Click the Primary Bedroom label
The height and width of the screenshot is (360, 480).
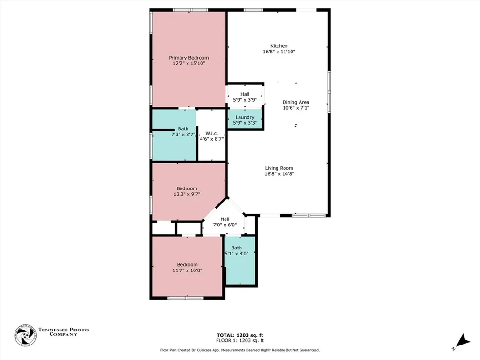[188, 58]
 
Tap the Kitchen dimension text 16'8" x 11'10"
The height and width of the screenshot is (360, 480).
[279, 52]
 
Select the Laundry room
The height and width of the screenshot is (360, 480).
[245, 120]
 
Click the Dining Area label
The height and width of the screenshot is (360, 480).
[296, 102]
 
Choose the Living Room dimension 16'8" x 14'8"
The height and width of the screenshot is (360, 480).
[279, 174]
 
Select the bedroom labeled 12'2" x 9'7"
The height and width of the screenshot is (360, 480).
[187, 191]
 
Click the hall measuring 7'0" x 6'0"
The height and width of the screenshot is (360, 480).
[225, 222]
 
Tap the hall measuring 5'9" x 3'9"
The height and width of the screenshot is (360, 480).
[245, 97]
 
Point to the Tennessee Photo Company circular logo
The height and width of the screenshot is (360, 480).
[25, 335]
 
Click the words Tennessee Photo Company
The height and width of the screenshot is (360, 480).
[63, 332]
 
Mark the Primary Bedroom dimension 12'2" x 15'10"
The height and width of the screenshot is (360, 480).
[188, 63]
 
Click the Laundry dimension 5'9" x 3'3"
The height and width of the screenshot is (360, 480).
[245, 123]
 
